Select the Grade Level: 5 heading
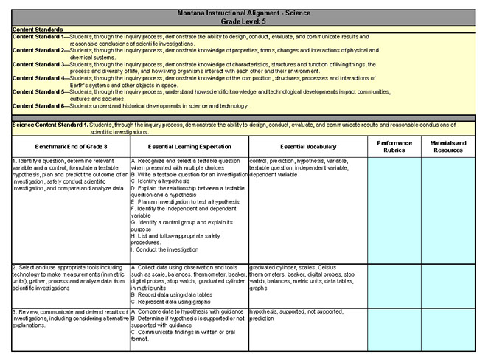[x=245, y=22]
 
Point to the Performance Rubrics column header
[x=394, y=146]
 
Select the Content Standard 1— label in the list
[x=40, y=36]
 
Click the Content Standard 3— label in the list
[x=40, y=65]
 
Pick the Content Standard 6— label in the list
[x=40, y=106]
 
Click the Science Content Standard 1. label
[x=51, y=125]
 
